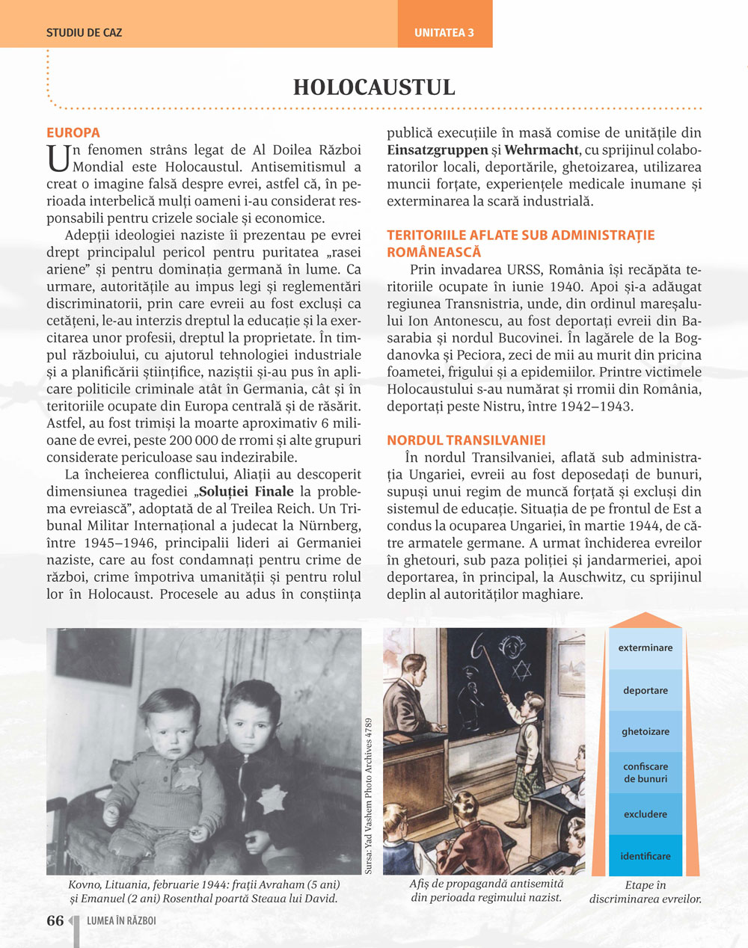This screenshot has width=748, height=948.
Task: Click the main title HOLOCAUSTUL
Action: tap(374, 87)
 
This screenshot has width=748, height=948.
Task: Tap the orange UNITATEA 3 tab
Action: tap(444, 33)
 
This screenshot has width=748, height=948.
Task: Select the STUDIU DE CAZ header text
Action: tap(84, 33)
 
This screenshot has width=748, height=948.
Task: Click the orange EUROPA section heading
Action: tap(73, 133)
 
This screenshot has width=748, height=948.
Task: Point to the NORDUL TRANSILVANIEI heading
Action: tap(466, 440)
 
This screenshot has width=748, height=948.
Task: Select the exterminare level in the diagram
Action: tap(645, 648)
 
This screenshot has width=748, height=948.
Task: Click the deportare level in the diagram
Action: tap(645, 691)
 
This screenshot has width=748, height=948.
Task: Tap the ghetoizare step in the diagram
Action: tap(645, 732)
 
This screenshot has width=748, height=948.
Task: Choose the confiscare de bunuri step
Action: tap(645, 773)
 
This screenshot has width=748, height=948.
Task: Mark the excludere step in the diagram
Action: tap(645, 815)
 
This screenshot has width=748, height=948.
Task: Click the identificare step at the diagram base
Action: tap(645, 857)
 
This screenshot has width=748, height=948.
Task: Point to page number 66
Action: tap(55, 921)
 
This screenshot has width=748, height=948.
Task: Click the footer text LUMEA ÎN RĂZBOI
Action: tap(121, 921)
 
